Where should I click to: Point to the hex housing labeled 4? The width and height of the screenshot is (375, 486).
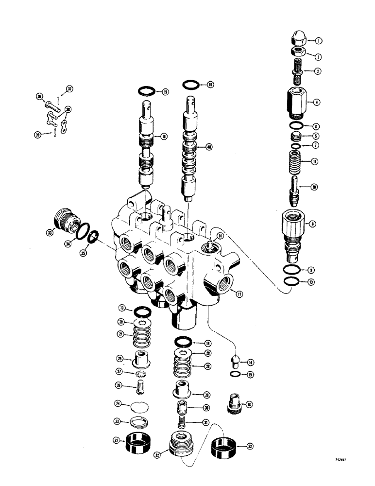tap(295, 103)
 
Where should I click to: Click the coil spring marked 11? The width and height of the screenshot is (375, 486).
tap(295, 161)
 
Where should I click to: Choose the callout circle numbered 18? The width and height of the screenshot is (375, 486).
tap(165, 137)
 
